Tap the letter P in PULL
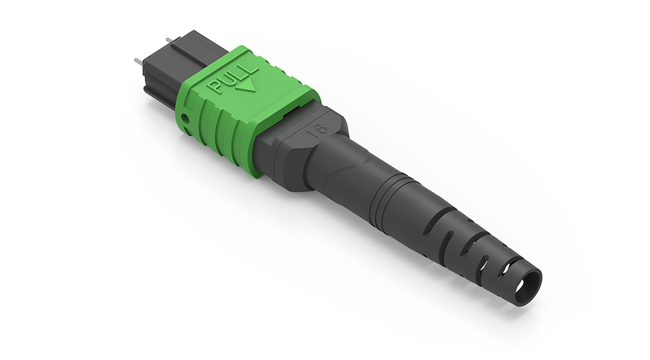tap(215, 87)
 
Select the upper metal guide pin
tap(169, 40)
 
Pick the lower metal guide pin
tap(137, 62)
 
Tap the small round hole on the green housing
tap(186, 119)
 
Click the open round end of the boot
tap(524, 286)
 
